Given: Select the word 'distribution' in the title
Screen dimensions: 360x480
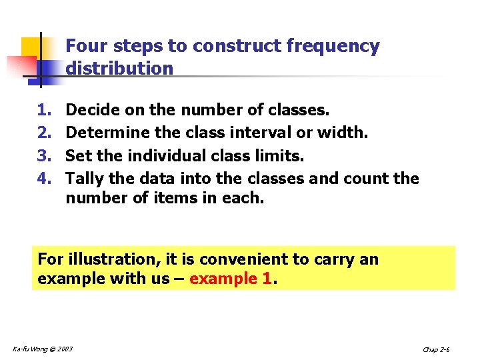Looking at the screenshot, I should [119, 68].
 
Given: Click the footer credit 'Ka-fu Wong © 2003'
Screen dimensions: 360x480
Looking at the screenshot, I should [43, 349].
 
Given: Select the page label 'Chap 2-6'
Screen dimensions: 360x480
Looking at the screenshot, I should [437, 349].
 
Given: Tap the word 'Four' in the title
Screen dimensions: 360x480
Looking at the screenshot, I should [87, 47].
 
